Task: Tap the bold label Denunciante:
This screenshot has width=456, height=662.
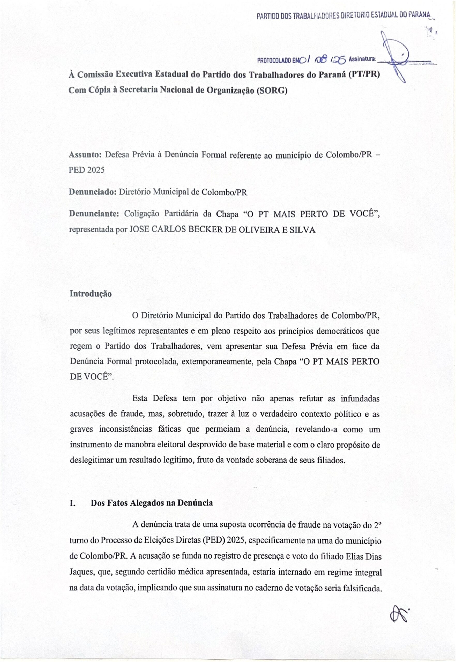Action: tap(94, 214)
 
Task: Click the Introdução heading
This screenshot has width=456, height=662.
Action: tap(91, 294)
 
